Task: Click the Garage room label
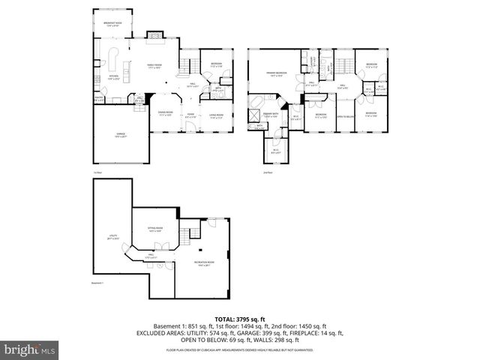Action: pos(120,136)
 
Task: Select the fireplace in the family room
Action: pos(154,34)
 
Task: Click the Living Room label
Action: pos(216,115)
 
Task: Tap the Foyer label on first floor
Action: pos(190,115)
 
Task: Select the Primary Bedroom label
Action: pos(277,73)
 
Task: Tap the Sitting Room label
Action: pos(156,230)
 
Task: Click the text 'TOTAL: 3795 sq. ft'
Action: pos(240,319)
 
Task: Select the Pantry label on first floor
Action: pos(98,97)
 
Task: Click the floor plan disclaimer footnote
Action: pos(240,350)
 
